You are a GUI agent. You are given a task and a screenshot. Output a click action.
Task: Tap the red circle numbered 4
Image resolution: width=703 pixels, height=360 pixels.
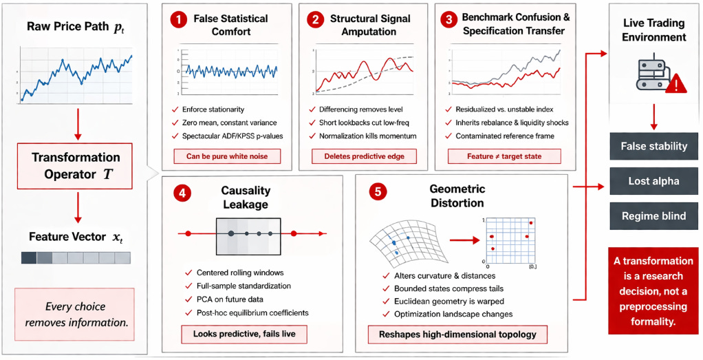(181, 195)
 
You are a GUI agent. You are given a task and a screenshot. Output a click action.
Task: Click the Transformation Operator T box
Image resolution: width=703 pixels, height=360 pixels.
(75, 166)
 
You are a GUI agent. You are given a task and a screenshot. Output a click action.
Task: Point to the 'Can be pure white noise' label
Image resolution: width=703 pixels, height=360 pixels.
(222, 156)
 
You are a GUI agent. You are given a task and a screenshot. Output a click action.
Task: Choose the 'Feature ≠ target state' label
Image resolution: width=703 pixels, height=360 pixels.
(504, 156)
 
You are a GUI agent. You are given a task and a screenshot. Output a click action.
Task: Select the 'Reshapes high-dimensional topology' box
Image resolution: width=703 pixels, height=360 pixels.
(460, 335)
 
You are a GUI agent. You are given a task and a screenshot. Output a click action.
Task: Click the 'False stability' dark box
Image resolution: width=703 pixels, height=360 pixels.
(653, 146)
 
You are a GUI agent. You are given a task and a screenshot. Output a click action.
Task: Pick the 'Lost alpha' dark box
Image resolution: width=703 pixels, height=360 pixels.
(653, 181)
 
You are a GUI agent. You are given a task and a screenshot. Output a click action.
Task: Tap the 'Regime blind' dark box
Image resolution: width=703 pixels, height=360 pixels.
(653, 215)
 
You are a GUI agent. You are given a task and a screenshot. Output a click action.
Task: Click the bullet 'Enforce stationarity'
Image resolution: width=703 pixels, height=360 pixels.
(213, 109)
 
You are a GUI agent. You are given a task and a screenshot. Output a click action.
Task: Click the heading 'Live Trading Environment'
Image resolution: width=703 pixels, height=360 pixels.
(653, 30)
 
